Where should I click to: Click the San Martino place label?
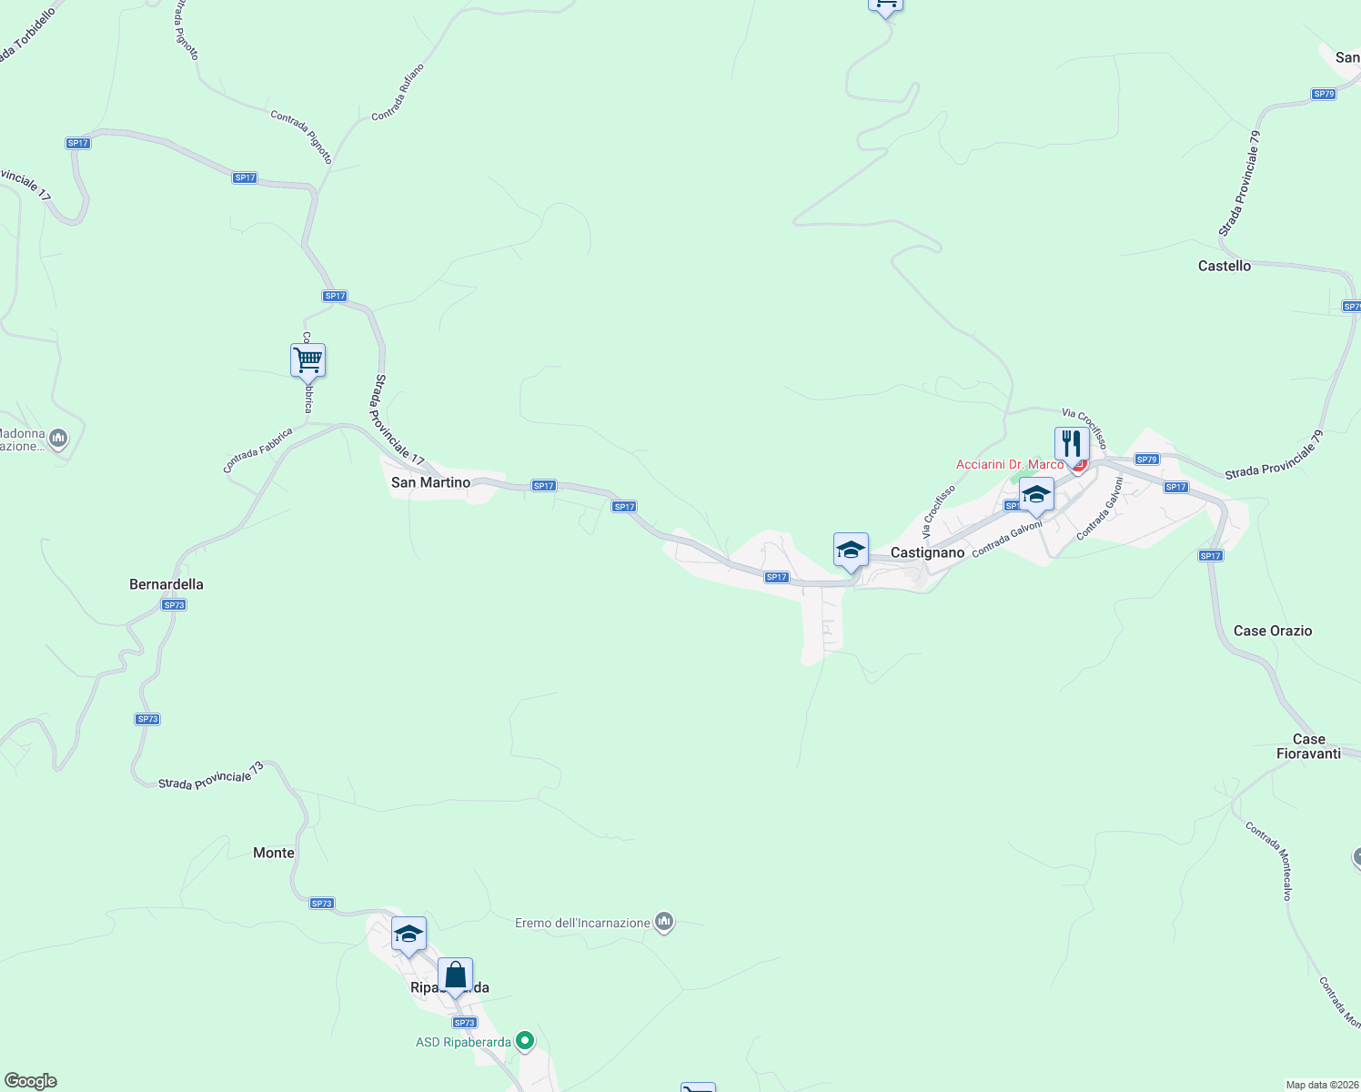(430, 482)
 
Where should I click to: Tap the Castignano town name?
(927, 552)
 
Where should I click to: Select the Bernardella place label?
(166, 584)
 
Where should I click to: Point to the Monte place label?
(274, 853)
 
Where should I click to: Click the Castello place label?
(1224, 266)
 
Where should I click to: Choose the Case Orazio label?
(1273, 631)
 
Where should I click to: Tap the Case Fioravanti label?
(1308, 746)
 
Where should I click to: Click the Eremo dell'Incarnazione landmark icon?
(665, 923)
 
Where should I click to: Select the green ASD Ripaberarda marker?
(525, 1040)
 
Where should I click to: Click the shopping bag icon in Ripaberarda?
(455, 976)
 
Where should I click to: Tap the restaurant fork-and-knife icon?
(1072, 444)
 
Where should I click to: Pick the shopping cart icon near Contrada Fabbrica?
(307, 360)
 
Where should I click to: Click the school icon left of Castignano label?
(851, 551)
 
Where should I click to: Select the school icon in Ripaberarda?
(408, 935)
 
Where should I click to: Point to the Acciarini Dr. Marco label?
(1009, 464)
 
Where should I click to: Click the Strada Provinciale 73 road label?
(211, 776)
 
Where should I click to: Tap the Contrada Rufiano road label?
(398, 92)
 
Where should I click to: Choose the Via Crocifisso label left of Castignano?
(938, 511)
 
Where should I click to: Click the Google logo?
(30, 1081)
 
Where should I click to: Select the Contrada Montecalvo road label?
(1268, 861)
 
